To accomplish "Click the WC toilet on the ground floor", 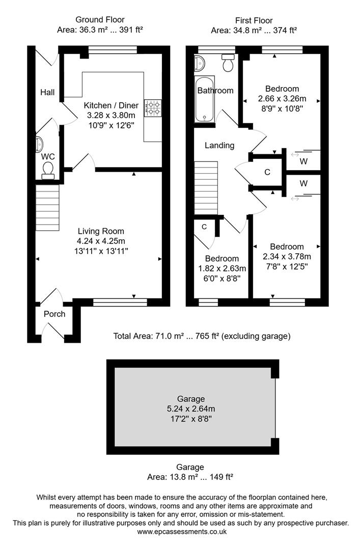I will (x=48, y=170).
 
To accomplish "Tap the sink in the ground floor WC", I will (x=40, y=145).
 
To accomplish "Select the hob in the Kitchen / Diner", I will (x=152, y=106).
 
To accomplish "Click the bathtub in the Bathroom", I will (x=205, y=99).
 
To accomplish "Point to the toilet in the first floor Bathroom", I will (x=228, y=64).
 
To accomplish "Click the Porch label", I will (x=54, y=314).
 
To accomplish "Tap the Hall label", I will (x=48, y=92).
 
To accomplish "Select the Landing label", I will (x=219, y=145).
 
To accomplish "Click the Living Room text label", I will (x=101, y=231).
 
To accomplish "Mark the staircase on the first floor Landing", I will (x=206, y=188).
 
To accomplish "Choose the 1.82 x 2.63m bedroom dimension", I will (x=222, y=268).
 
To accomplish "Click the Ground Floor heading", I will (x=100, y=20).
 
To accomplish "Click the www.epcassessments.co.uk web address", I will (x=181, y=532).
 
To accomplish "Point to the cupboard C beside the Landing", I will (x=267, y=172).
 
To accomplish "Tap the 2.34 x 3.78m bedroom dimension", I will (x=287, y=256).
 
